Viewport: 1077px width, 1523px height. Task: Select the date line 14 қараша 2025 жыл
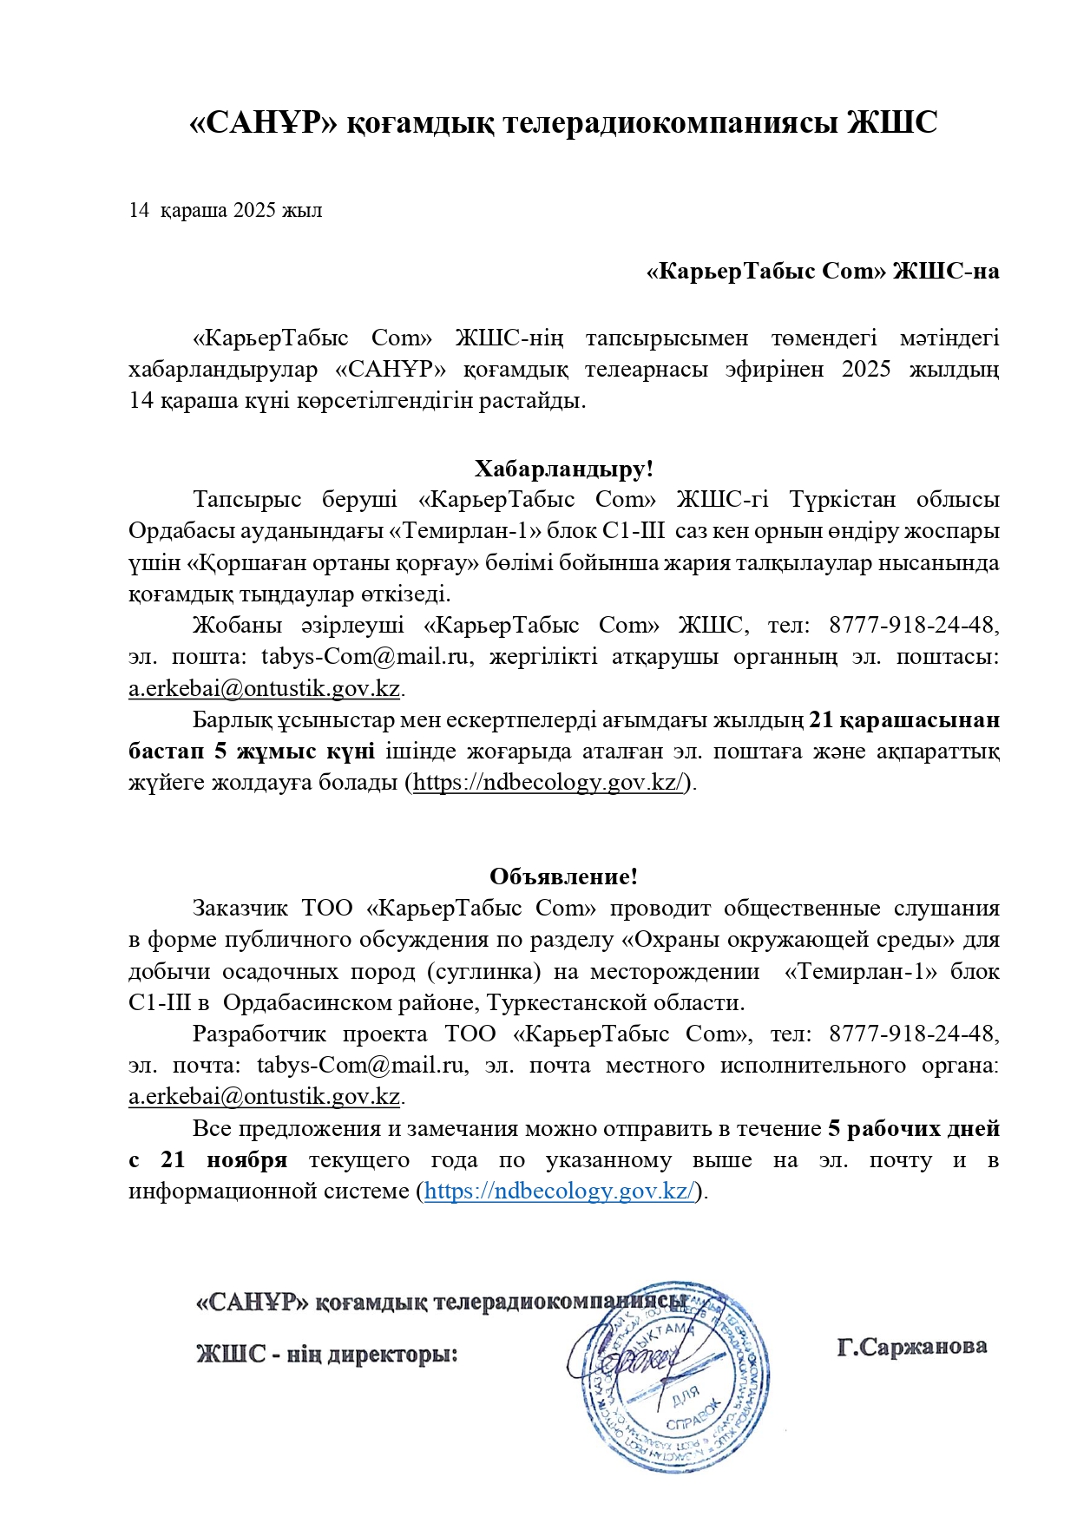pyautogui.click(x=225, y=210)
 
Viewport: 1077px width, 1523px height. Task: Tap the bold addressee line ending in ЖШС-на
pyautogui.click(x=823, y=272)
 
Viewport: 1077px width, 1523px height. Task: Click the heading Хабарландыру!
pyautogui.click(x=563, y=469)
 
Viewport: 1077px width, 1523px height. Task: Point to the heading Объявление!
pyautogui.click(x=563, y=876)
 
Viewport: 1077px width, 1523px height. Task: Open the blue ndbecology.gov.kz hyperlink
pyautogui.click(x=559, y=1191)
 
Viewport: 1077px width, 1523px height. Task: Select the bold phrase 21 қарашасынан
pyautogui.click(x=903, y=719)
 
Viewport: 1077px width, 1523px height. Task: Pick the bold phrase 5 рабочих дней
pyautogui.click(x=913, y=1128)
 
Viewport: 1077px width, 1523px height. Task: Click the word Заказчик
pyautogui.click(x=240, y=908)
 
